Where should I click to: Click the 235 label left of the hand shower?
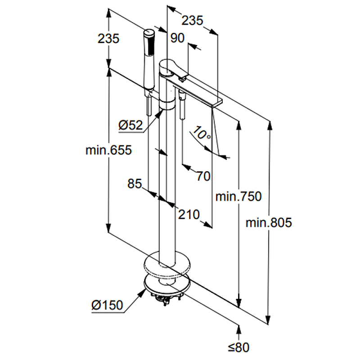pos(108,39)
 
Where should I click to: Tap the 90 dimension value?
pos(177,38)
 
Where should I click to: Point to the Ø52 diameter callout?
pos(130,126)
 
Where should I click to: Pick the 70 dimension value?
pos(203,176)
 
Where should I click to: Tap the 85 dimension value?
pos(135,184)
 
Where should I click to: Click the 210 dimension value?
pos(188,215)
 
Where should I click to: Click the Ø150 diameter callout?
pos(107,305)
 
